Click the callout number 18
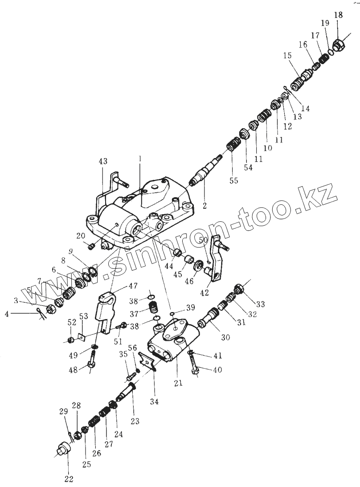coord(339,15)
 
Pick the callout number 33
coord(260,304)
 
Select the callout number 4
coord(7,314)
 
